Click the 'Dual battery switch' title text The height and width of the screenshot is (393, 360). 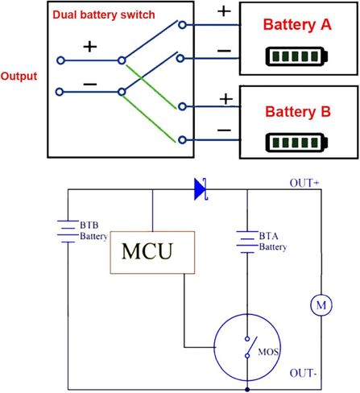[x=104, y=14]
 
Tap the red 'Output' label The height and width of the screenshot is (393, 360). [x=19, y=77]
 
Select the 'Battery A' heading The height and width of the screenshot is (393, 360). [x=297, y=25]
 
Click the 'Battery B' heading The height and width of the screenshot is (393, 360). [x=298, y=112]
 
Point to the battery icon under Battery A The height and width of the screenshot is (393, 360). [x=296, y=56]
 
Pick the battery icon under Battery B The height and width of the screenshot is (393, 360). [x=296, y=143]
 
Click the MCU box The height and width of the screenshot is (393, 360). [x=152, y=252]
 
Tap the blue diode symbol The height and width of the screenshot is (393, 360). [x=201, y=189]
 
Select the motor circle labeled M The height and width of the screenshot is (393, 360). [x=321, y=305]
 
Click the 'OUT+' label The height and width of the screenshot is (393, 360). [x=304, y=183]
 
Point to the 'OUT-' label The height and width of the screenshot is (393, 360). [x=303, y=373]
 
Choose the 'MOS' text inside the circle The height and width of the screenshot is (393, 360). [x=268, y=352]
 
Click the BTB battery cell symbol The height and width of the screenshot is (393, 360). [x=68, y=231]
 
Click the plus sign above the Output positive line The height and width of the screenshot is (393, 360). [x=90, y=47]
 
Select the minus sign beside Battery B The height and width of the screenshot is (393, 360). [x=224, y=130]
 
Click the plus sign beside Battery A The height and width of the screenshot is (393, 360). [x=224, y=11]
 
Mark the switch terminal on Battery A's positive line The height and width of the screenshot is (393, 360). [x=182, y=25]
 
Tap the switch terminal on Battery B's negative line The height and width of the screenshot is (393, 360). [x=182, y=140]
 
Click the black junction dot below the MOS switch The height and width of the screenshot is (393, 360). [x=247, y=389]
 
